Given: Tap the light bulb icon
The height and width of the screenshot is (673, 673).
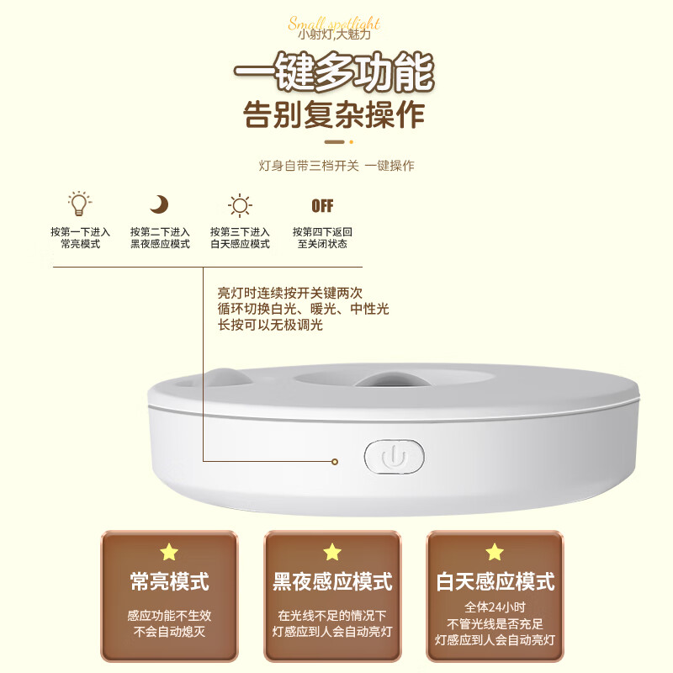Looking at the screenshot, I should (x=79, y=204).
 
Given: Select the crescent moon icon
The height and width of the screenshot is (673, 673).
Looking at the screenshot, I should (x=159, y=204).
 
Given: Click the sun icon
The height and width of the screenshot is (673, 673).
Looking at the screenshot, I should (x=240, y=204).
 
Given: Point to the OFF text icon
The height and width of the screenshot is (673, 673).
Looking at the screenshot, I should (x=322, y=205).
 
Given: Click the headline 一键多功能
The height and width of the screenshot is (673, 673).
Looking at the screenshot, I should (x=334, y=74).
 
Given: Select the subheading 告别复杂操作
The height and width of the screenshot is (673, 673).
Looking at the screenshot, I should (x=334, y=115).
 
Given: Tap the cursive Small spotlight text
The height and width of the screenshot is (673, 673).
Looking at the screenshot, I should (x=334, y=23).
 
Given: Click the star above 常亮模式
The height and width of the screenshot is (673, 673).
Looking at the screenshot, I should (x=169, y=552).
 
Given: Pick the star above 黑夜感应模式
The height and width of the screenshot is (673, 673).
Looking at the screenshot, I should (x=332, y=552).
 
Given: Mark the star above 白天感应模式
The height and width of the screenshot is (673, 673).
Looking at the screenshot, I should (x=495, y=552).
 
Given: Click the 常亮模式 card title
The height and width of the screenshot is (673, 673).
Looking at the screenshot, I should (x=169, y=581).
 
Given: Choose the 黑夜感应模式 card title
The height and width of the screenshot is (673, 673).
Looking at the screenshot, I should (x=332, y=581).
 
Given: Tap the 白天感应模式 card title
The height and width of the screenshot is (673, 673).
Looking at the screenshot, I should (x=495, y=581).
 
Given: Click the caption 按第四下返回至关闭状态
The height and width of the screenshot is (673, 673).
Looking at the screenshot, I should (x=322, y=238).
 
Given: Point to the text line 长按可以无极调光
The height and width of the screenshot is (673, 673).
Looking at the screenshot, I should (x=270, y=325).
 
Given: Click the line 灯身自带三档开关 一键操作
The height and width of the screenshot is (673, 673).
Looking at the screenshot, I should (x=336, y=166).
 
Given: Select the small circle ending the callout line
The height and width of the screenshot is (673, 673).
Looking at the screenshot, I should (x=335, y=462).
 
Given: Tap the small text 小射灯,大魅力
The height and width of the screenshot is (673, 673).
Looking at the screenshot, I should (x=334, y=36).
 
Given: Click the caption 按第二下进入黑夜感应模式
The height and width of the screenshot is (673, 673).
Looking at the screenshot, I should (x=160, y=238).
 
